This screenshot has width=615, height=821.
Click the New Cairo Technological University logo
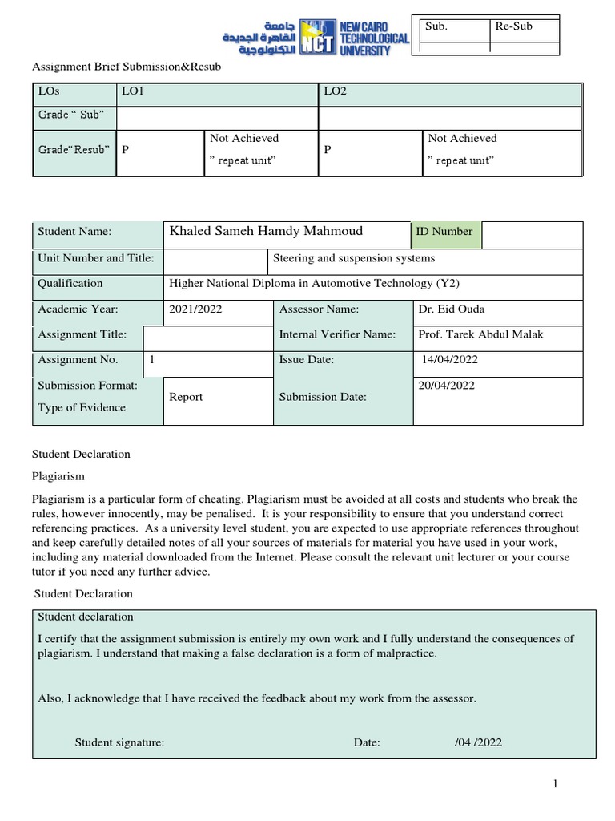pyautogui.click(x=316, y=37)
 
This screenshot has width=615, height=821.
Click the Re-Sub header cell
pyautogui.click(x=513, y=26)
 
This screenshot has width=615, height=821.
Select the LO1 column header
pyautogui.click(x=132, y=91)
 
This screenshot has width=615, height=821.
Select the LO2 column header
pyautogui.click(x=335, y=91)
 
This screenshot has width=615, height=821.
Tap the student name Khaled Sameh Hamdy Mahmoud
pyautogui.click(x=266, y=231)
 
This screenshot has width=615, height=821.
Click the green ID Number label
pyautogui.click(x=444, y=231)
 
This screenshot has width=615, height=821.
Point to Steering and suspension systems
pyautogui.click(x=354, y=258)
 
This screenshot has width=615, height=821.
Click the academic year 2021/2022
pyautogui.click(x=194, y=309)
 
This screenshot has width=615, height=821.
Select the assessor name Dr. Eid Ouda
pyautogui.click(x=452, y=309)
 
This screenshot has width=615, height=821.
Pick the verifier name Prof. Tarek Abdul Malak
pyautogui.click(x=480, y=334)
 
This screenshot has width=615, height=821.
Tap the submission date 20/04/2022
pyautogui.click(x=447, y=386)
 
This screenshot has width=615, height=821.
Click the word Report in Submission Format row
pyautogui.click(x=186, y=397)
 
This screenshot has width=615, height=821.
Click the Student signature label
pyautogui.click(x=120, y=742)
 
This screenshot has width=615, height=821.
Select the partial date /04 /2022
pyautogui.click(x=478, y=742)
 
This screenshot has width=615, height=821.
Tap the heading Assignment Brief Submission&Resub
pyautogui.click(x=126, y=67)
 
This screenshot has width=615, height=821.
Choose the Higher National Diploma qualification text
pyautogui.click(x=314, y=283)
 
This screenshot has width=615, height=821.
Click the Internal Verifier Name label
pyautogui.click(x=337, y=334)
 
